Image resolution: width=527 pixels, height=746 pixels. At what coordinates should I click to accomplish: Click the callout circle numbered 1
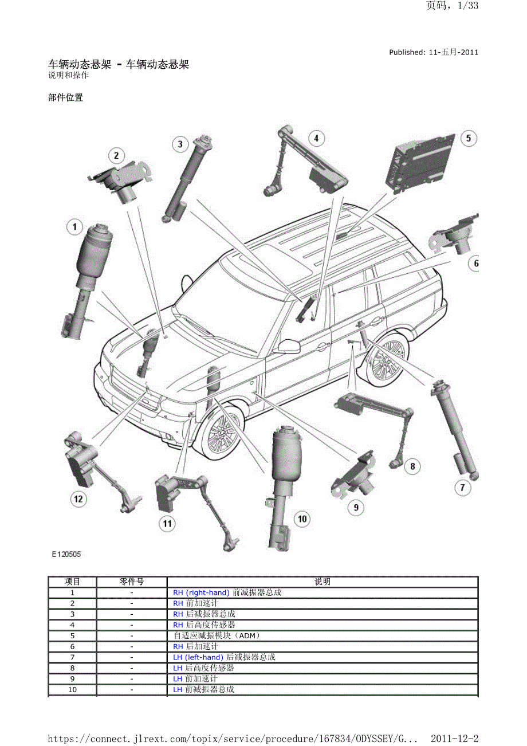click(x=74, y=227)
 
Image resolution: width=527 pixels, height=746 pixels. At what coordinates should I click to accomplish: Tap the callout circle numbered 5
click(x=468, y=138)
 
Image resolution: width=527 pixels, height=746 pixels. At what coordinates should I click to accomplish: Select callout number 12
click(x=78, y=499)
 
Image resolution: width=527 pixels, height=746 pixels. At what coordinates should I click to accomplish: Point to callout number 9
click(x=356, y=507)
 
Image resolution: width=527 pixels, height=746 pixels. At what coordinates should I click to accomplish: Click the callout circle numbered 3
click(x=180, y=144)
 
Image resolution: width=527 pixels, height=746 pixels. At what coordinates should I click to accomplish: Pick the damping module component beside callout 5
click(x=423, y=163)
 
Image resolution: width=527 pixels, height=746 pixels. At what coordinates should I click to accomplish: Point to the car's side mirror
click(x=289, y=345)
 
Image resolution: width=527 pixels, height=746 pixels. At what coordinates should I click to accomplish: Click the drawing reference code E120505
click(x=66, y=555)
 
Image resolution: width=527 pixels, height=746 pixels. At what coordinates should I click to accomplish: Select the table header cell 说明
click(x=323, y=582)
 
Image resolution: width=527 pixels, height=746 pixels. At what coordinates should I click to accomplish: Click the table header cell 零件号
click(x=132, y=582)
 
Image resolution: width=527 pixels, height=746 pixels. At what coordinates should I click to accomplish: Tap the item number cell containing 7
click(x=73, y=657)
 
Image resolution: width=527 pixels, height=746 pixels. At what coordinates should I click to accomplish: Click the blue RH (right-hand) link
click(x=201, y=592)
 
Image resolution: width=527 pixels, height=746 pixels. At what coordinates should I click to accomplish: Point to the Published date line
click(x=434, y=52)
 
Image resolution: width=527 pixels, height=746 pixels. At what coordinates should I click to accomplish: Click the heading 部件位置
click(x=66, y=97)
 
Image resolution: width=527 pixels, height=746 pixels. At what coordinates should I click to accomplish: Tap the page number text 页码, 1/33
click(x=452, y=6)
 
